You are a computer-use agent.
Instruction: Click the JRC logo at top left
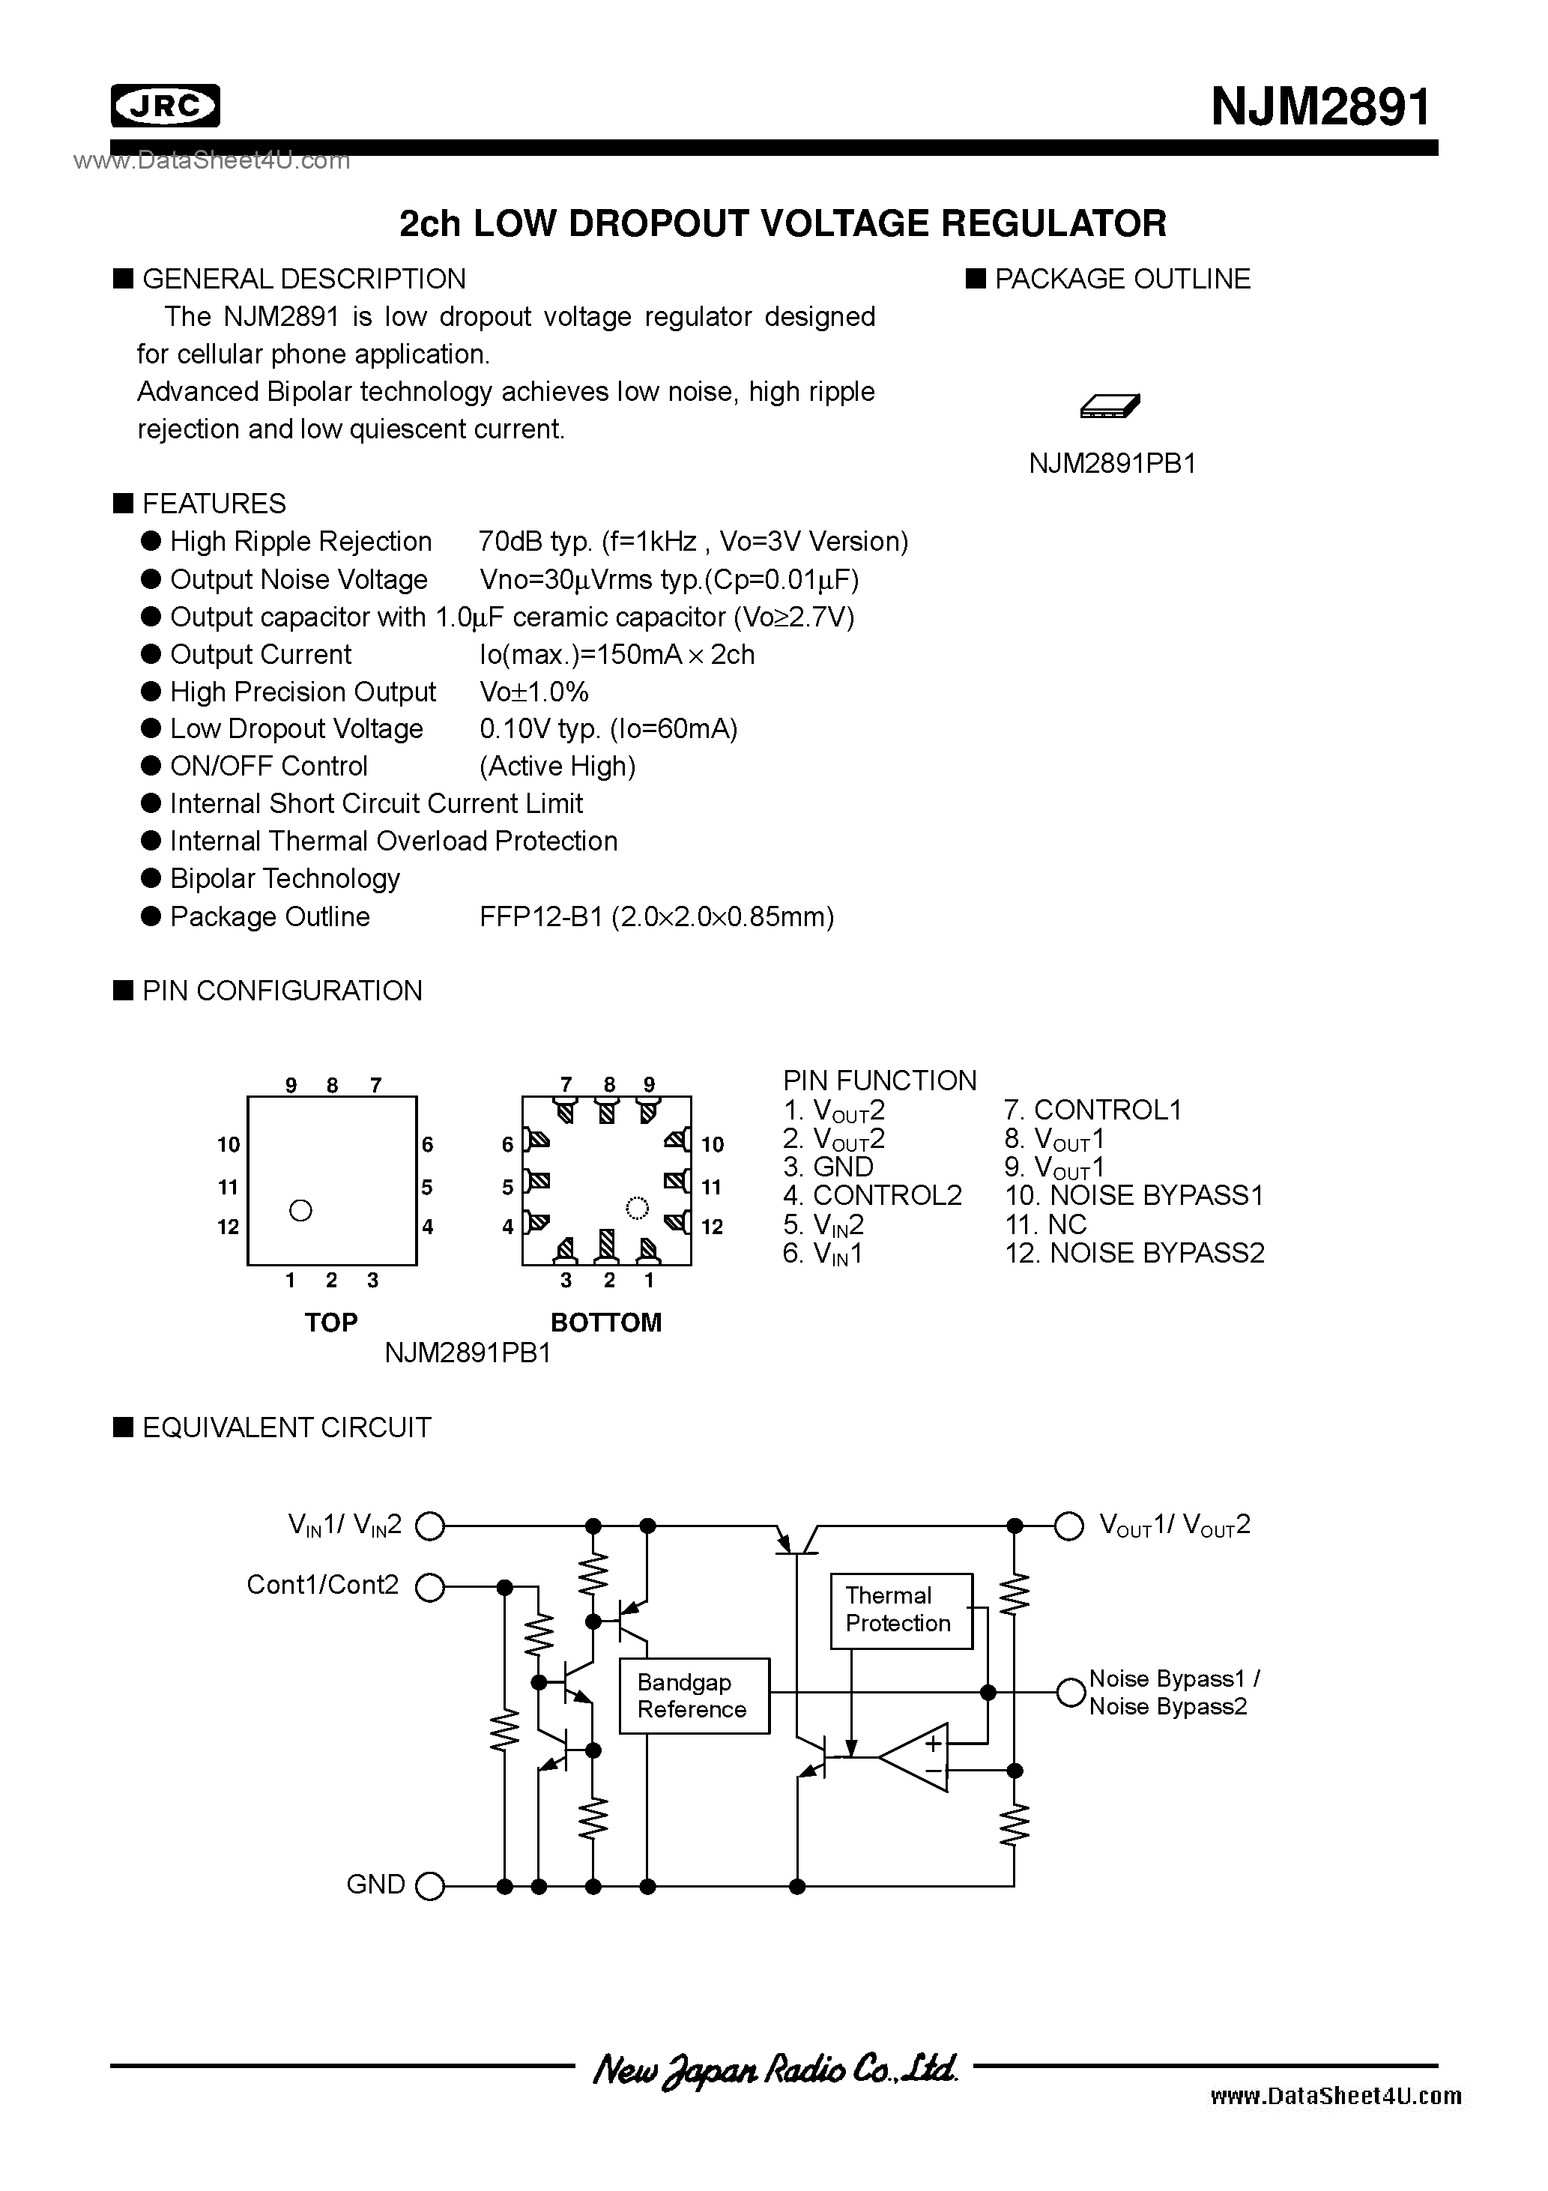coord(165,106)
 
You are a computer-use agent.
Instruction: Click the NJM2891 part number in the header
coord(1321,106)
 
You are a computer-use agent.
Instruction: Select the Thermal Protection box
coord(900,1611)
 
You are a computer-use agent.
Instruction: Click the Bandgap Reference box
coord(694,1696)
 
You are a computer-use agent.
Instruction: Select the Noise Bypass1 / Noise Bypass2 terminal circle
coord(1070,1692)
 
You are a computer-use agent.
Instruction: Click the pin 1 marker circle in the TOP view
coord(300,1210)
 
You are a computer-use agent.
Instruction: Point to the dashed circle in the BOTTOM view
coord(637,1208)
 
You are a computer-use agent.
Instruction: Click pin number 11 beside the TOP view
coord(227,1187)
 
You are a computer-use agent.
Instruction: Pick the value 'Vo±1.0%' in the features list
coord(534,692)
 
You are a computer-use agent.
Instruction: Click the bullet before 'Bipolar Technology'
coord(151,878)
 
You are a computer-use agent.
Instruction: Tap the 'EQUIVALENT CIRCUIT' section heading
coord(285,1427)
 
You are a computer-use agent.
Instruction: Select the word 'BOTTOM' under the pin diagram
coord(606,1323)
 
